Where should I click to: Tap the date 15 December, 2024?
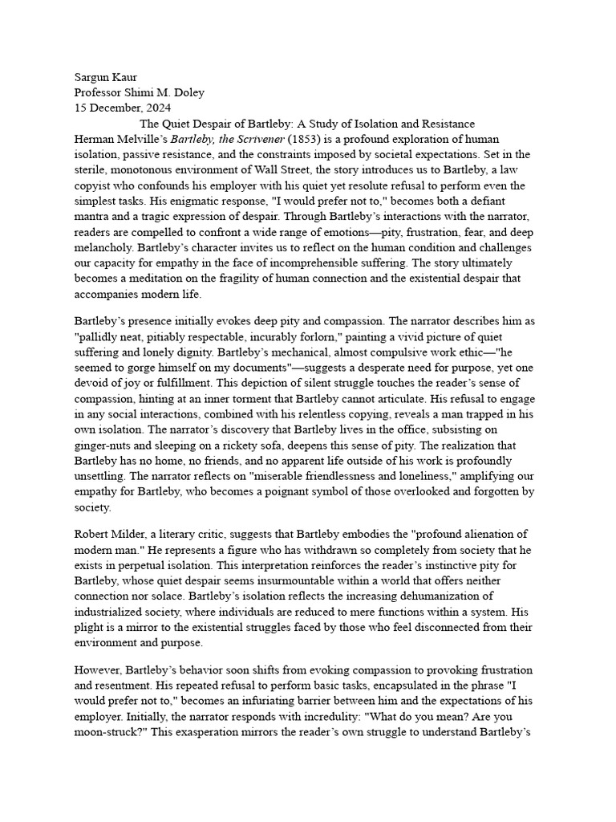tap(122, 108)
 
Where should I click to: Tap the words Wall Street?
tap(314, 169)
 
